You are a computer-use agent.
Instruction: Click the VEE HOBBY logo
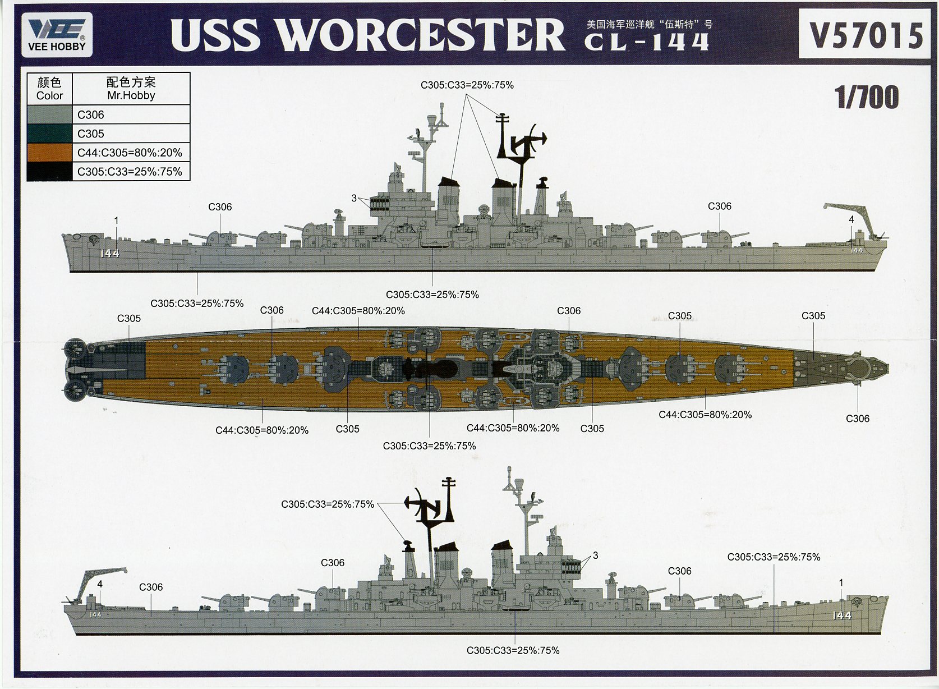(x=57, y=35)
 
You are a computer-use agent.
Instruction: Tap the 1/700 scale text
(x=866, y=98)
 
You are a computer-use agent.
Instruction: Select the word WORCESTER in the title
(x=421, y=35)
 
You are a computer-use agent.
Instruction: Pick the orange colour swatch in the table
(x=49, y=153)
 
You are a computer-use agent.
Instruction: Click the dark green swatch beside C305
(x=49, y=134)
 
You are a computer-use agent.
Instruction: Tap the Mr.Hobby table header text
(x=131, y=95)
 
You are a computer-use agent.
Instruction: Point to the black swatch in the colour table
(x=49, y=172)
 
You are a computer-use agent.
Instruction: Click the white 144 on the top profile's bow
(x=110, y=254)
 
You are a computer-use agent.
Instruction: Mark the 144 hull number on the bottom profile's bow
(x=842, y=615)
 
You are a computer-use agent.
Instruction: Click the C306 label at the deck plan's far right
(x=857, y=419)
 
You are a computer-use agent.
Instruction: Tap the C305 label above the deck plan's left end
(x=128, y=319)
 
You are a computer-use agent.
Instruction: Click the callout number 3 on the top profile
(x=354, y=198)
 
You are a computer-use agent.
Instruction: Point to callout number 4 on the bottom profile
(x=100, y=584)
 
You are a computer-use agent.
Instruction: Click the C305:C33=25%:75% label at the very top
(x=467, y=85)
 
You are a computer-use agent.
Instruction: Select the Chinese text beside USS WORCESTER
(x=649, y=25)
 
